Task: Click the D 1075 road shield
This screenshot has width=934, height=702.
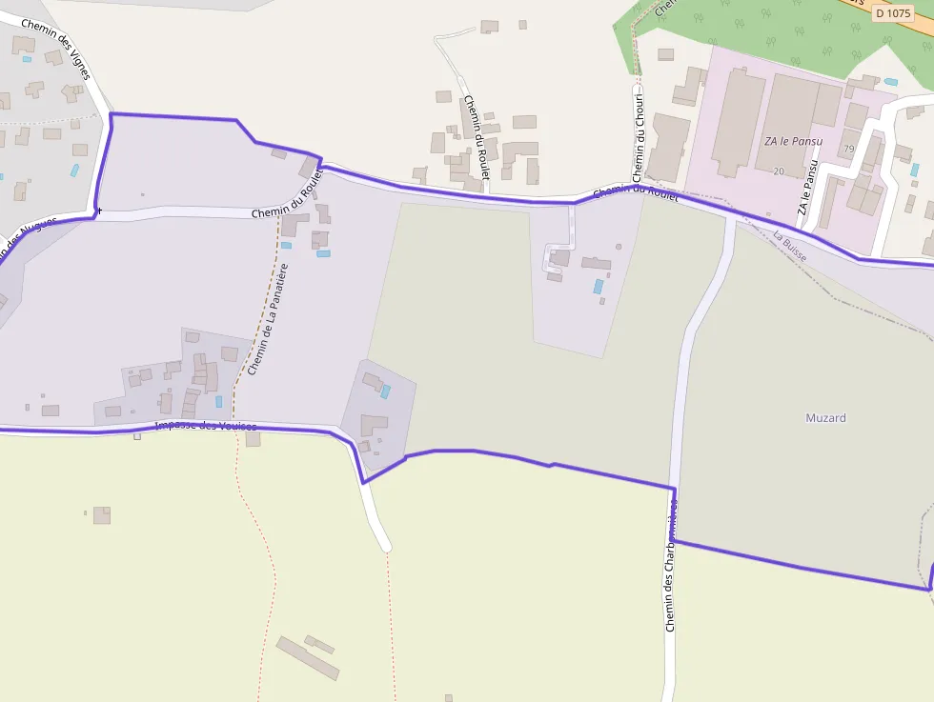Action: [x=892, y=13]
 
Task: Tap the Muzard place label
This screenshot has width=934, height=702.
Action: [x=825, y=418]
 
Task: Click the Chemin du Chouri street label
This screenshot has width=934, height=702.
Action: [x=639, y=137]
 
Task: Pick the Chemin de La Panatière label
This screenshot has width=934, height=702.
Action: [x=267, y=319]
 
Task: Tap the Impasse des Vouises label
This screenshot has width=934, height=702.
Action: [x=205, y=426]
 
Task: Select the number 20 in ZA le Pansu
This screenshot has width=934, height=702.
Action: [x=779, y=171]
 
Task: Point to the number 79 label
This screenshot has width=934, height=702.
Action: [x=848, y=149]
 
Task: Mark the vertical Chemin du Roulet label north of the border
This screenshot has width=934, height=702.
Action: [x=476, y=137]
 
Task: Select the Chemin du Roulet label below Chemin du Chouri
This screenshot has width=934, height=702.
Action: [x=636, y=193]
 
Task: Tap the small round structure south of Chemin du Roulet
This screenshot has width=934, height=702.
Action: [x=618, y=247]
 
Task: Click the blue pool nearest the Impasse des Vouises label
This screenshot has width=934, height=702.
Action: [x=218, y=402]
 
